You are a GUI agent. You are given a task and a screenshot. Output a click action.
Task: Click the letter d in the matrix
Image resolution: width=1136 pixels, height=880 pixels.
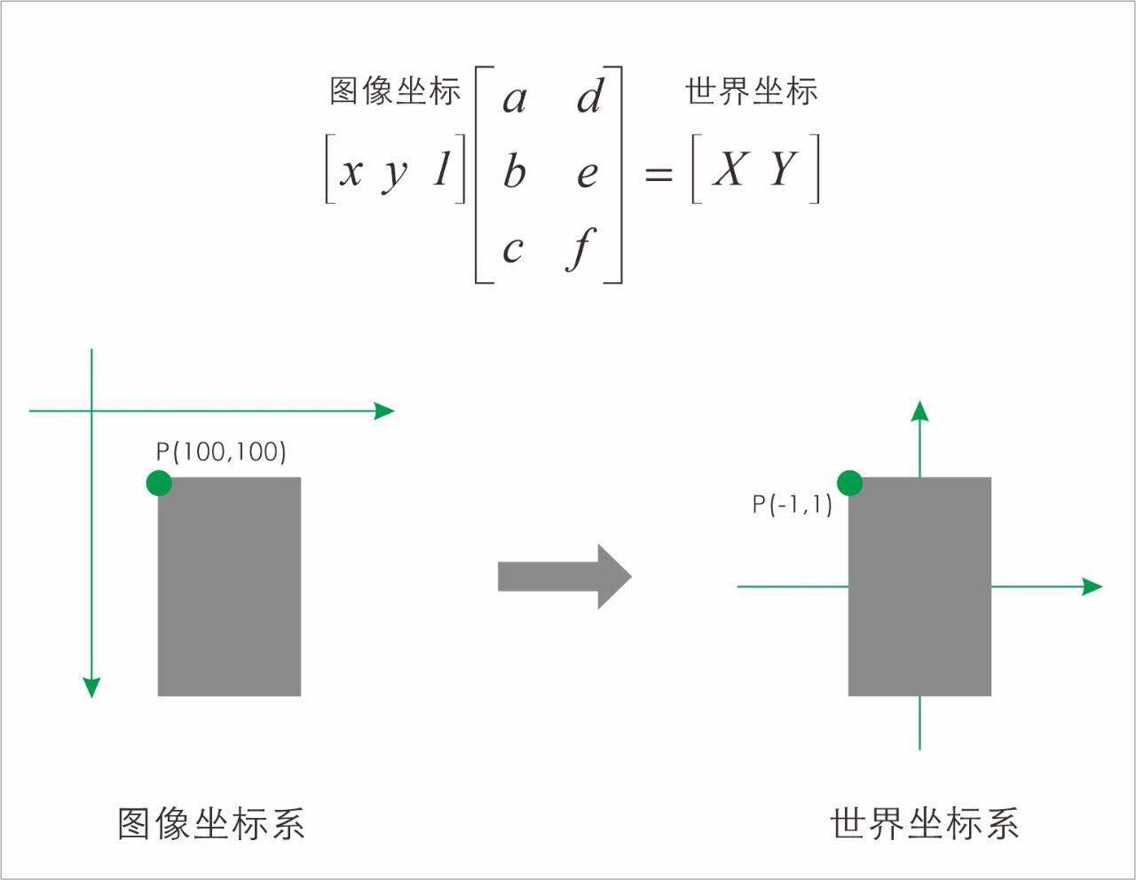click(x=589, y=96)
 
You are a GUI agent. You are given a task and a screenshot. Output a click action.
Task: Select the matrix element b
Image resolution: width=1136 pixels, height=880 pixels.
click(x=514, y=170)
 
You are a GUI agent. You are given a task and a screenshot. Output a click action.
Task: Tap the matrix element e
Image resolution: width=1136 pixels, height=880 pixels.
click(x=587, y=174)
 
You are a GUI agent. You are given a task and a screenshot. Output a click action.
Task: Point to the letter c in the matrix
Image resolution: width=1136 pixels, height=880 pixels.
click(x=512, y=249)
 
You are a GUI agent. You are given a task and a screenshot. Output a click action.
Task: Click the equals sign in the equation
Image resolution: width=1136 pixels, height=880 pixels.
click(x=658, y=174)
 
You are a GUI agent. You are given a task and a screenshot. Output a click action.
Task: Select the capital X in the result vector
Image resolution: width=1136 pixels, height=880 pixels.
click(x=729, y=169)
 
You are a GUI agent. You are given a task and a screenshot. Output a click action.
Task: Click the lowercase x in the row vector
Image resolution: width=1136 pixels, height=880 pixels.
click(x=351, y=171)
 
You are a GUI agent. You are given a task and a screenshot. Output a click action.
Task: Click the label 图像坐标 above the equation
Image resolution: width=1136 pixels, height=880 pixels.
click(x=395, y=91)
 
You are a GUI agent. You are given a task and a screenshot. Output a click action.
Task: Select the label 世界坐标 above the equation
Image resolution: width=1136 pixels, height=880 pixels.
click(x=751, y=91)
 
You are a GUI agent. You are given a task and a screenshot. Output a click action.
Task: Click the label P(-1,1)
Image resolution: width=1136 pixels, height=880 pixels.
click(x=792, y=505)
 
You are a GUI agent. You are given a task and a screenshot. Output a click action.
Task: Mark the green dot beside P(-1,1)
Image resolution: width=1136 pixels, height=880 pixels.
click(x=849, y=483)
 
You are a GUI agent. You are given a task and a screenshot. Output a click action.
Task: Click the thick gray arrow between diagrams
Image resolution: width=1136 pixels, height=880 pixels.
click(x=564, y=577)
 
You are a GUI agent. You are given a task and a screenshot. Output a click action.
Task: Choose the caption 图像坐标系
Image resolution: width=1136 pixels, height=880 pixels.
click(x=211, y=823)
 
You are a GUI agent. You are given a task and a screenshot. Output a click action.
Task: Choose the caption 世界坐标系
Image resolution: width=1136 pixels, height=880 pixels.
click(x=924, y=823)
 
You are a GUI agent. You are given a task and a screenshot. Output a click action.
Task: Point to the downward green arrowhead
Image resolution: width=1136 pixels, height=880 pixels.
click(x=91, y=687)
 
